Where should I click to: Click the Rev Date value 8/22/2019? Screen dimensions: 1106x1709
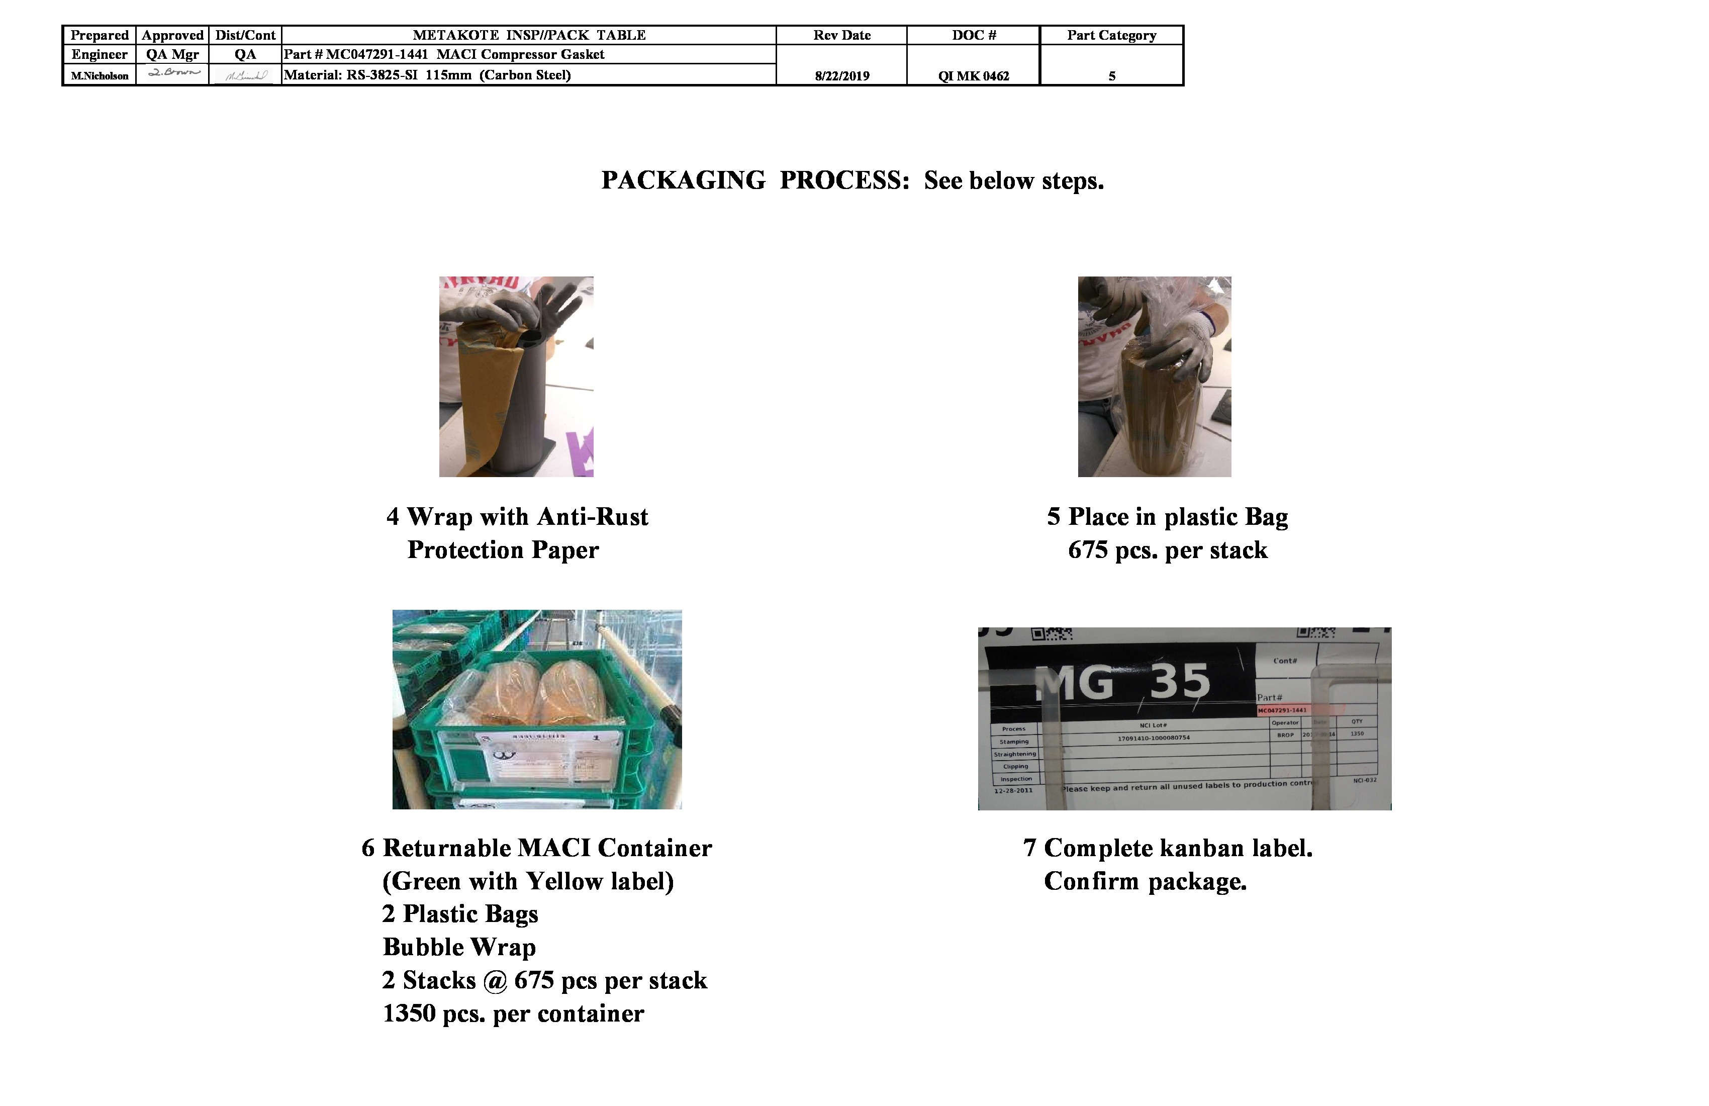[841, 76]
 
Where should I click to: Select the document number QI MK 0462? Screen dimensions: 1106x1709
[973, 76]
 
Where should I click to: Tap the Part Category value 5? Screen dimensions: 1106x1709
[1111, 76]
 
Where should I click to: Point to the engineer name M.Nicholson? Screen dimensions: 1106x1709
[100, 76]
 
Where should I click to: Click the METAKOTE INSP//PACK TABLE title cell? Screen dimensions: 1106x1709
[529, 35]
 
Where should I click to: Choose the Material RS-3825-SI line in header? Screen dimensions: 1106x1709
[427, 75]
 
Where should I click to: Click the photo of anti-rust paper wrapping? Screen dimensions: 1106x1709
[516, 377]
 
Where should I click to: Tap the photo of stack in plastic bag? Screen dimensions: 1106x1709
[1154, 377]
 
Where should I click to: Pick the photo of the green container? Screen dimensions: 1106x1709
[537, 709]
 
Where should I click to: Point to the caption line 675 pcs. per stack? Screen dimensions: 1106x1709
[1168, 550]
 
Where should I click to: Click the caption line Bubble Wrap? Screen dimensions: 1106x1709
[459, 947]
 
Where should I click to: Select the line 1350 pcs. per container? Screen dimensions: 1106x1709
[513, 1013]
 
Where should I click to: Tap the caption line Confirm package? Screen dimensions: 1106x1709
[1146, 881]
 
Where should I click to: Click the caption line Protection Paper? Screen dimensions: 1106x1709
[503, 550]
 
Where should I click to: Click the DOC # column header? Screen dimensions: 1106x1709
[974, 35]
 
